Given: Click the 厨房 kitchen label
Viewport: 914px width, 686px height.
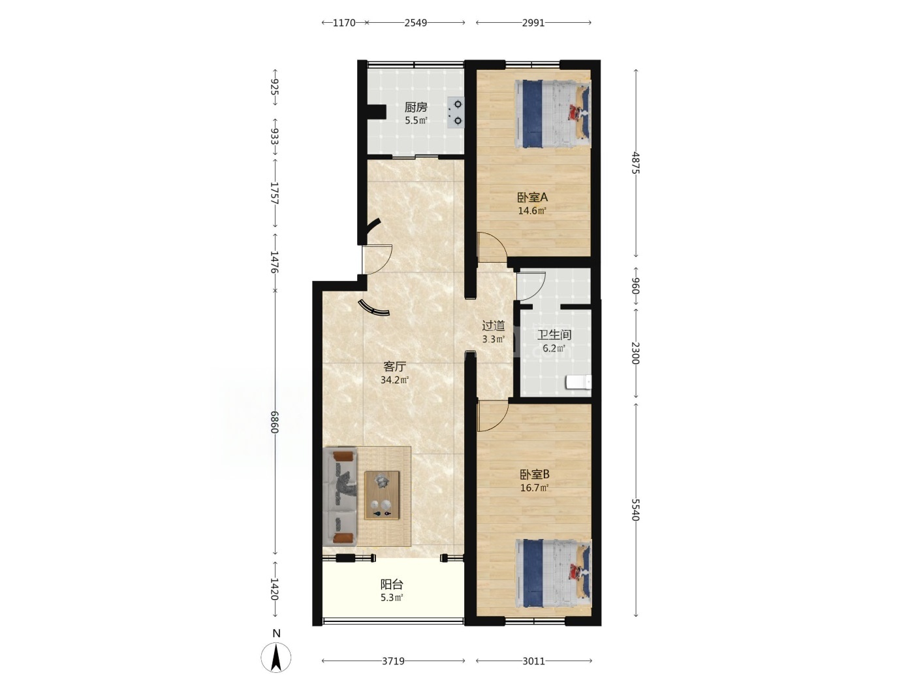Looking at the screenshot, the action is [416, 107].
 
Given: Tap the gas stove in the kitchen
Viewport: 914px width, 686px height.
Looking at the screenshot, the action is [456, 112].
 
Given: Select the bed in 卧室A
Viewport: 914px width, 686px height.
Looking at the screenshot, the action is [552, 114].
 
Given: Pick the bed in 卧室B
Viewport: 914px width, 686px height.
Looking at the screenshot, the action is [554, 573].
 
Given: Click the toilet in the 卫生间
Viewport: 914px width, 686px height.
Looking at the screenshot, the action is [578, 382].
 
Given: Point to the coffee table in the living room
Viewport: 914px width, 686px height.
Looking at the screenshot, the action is [382, 495].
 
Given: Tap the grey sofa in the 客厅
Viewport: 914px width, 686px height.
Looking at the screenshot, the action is [339, 497].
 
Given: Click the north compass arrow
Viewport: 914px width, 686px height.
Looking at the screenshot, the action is [276, 657].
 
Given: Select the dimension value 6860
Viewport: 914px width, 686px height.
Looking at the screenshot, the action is [274, 422].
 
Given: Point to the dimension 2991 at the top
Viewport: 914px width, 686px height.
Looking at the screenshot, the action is [533, 23].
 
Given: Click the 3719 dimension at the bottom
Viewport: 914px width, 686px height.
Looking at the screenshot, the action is [393, 661].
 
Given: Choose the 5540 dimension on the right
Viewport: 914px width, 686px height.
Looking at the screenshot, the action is [635, 510].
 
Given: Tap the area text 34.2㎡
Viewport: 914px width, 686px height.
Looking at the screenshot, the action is [394, 380].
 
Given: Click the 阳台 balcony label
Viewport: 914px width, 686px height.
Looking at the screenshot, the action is [392, 584].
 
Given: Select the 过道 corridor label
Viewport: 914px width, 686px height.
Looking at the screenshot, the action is [494, 325].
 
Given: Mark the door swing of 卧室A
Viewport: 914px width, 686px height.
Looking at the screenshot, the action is [492, 247].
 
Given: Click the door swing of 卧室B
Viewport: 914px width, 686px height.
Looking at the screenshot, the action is [493, 416].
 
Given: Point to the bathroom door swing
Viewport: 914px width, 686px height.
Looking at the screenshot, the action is [531, 287].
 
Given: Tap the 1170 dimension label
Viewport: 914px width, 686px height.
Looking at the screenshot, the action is [344, 23].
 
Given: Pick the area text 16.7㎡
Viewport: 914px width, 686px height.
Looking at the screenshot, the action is [534, 488].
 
